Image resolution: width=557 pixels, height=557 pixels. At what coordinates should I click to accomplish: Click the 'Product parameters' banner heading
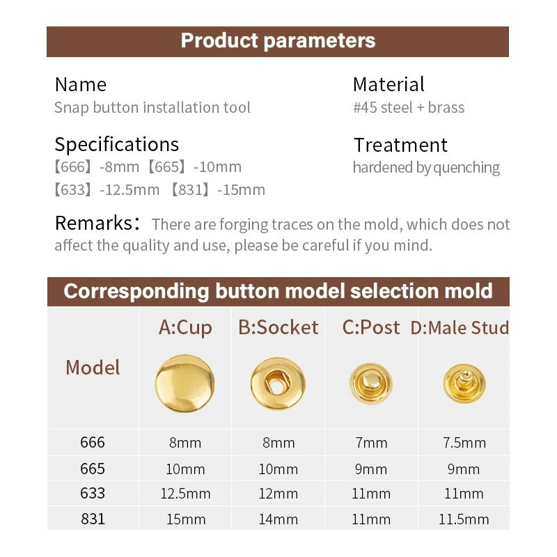click(278, 41)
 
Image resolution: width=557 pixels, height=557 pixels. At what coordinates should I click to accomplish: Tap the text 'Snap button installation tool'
click(152, 107)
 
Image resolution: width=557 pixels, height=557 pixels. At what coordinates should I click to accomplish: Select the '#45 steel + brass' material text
click(409, 107)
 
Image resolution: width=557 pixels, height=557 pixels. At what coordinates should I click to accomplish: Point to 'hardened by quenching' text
click(426, 168)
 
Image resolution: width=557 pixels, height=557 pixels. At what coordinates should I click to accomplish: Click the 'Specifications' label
click(116, 144)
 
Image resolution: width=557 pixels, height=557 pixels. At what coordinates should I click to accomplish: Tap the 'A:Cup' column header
click(185, 327)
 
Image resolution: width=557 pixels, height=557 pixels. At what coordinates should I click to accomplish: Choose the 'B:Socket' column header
click(278, 327)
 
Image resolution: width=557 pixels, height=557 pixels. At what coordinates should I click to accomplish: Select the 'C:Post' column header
click(371, 327)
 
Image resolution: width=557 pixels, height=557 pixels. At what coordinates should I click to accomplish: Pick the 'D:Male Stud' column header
click(460, 327)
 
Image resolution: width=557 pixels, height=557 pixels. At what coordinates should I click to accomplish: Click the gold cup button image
click(185, 383)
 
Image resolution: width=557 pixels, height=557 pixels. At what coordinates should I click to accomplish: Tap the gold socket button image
click(278, 383)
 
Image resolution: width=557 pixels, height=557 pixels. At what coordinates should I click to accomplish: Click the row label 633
click(93, 493)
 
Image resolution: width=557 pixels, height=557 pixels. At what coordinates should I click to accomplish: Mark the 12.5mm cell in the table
click(185, 494)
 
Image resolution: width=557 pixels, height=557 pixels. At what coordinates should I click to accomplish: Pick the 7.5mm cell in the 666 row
click(464, 443)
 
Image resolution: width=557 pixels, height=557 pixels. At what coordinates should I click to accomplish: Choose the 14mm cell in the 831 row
click(278, 519)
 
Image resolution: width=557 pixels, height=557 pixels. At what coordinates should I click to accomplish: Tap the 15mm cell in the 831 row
click(185, 519)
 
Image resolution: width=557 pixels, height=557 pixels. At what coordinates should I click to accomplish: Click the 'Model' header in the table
click(93, 367)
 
